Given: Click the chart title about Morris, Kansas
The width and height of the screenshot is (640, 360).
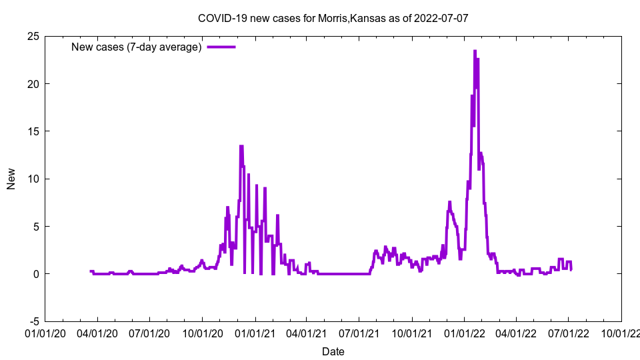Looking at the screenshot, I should pyautogui.click(x=333, y=18).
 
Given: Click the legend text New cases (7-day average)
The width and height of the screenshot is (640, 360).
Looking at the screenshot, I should pyautogui.click(x=136, y=47).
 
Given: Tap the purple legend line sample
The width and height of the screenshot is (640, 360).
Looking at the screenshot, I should pyautogui.click(x=221, y=47).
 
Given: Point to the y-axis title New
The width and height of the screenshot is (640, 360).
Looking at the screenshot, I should pyautogui.click(x=11, y=179).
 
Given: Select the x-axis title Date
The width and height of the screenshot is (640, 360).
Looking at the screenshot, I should pyautogui.click(x=333, y=351).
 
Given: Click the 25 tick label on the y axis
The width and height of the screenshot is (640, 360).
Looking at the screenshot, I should pyautogui.click(x=33, y=36).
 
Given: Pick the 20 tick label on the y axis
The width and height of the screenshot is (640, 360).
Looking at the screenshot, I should pyautogui.click(x=33, y=83).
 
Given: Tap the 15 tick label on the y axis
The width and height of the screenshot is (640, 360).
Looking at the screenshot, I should pyautogui.click(x=33, y=131).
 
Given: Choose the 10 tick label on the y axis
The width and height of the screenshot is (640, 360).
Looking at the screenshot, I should pyautogui.click(x=33, y=179).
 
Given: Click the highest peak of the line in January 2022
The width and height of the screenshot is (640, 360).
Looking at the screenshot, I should pyautogui.click(x=475, y=51).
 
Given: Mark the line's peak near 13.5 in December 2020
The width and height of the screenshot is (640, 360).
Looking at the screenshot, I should pyautogui.click(x=241, y=146).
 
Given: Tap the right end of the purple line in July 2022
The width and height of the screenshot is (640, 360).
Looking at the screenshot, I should pyautogui.click(x=571, y=269).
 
